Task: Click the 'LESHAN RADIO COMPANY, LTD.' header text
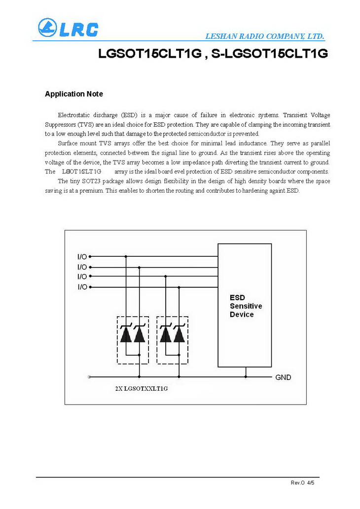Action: click(x=264, y=36)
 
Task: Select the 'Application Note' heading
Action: click(x=74, y=94)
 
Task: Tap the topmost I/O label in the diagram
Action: click(x=82, y=256)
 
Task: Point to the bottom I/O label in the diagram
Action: click(x=82, y=286)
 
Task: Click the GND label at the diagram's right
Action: click(x=283, y=377)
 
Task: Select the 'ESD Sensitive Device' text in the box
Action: click(x=246, y=306)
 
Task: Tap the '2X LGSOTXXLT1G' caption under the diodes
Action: click(x=141, y=388)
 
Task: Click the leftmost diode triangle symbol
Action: click(x=126, y=335)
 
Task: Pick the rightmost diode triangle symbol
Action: click(x=179, y=335)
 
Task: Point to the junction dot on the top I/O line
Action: click(x=126, y=256)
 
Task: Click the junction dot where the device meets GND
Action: click(x=246, y=377)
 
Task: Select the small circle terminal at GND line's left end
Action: click(x=89, y=377)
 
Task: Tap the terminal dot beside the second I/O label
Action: click(x=90, y=267)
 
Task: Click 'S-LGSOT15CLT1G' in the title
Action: click(x=270, y=54)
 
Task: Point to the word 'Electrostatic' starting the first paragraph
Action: click(x=75, y=115)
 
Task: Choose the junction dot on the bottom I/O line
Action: click(x=179, y=286)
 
